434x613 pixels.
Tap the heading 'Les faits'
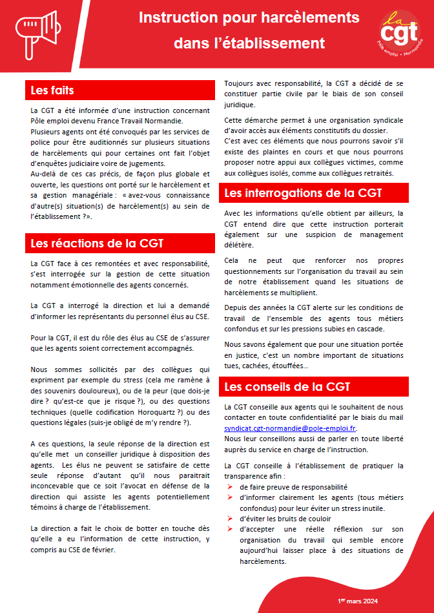click(x=54, y=90)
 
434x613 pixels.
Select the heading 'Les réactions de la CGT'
click(x=98, y=244)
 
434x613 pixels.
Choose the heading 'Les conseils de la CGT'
click(x=287, y=387)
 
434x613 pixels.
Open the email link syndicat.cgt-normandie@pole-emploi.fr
click(x=291, y=428)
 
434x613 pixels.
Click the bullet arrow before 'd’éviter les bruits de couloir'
click(x=229, y=519)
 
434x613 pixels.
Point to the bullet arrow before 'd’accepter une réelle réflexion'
click(x=229, y=529)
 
